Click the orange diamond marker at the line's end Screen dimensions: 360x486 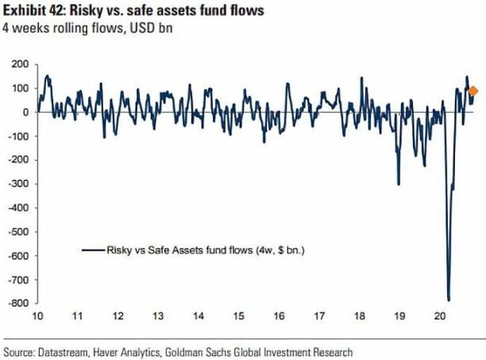pyautogui.click(x=473, y=91)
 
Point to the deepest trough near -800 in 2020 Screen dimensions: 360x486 pyautogui.click(x=449, y=300)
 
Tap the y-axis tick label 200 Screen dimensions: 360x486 pyautogui.click(x=19, y=64)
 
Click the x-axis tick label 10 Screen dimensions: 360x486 pyautogui.click(x=36, y=315)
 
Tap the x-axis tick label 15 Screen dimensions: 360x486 pyautogui.click(x=238, y=315)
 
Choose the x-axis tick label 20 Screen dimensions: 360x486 pyautogui.click(x=439, y=315)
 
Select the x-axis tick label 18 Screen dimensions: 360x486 pyautogui.click(x=359, y=315)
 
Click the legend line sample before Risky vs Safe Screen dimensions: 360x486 pyautogui.click(x=92, y=250)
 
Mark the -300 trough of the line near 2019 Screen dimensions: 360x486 pyautogui.click(x=398, y=184)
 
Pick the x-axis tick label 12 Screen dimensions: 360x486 pyautogui.click(x=118, y=315)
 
